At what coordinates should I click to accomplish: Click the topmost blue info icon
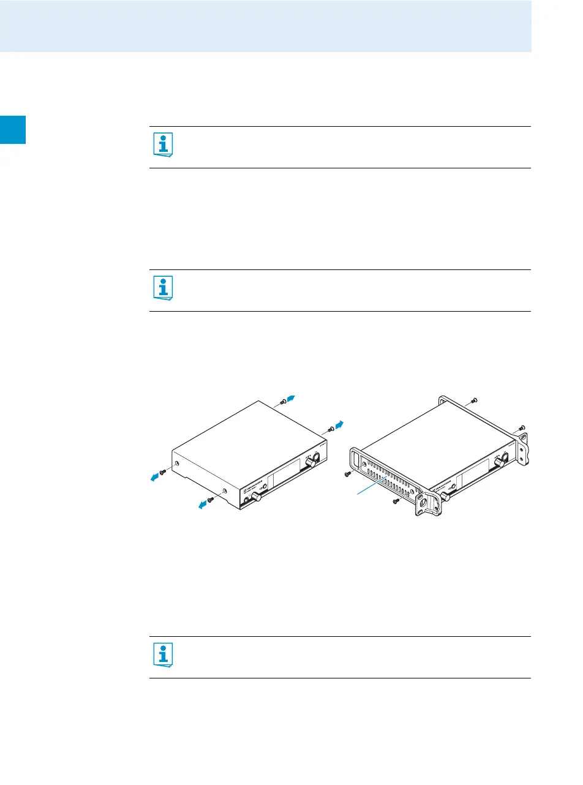click(162, 145)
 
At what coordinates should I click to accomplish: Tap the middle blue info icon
click(162, 288)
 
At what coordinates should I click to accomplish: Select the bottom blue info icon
click(162, 655)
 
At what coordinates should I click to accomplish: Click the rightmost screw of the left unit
click(331, 430)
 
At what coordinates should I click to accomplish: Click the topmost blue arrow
click(293, 398)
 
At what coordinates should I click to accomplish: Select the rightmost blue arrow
click(339, 425)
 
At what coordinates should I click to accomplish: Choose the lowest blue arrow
click(201, 503)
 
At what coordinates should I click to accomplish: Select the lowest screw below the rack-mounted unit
click(396, 501)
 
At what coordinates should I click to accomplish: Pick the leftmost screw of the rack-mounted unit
click(348, 474)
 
